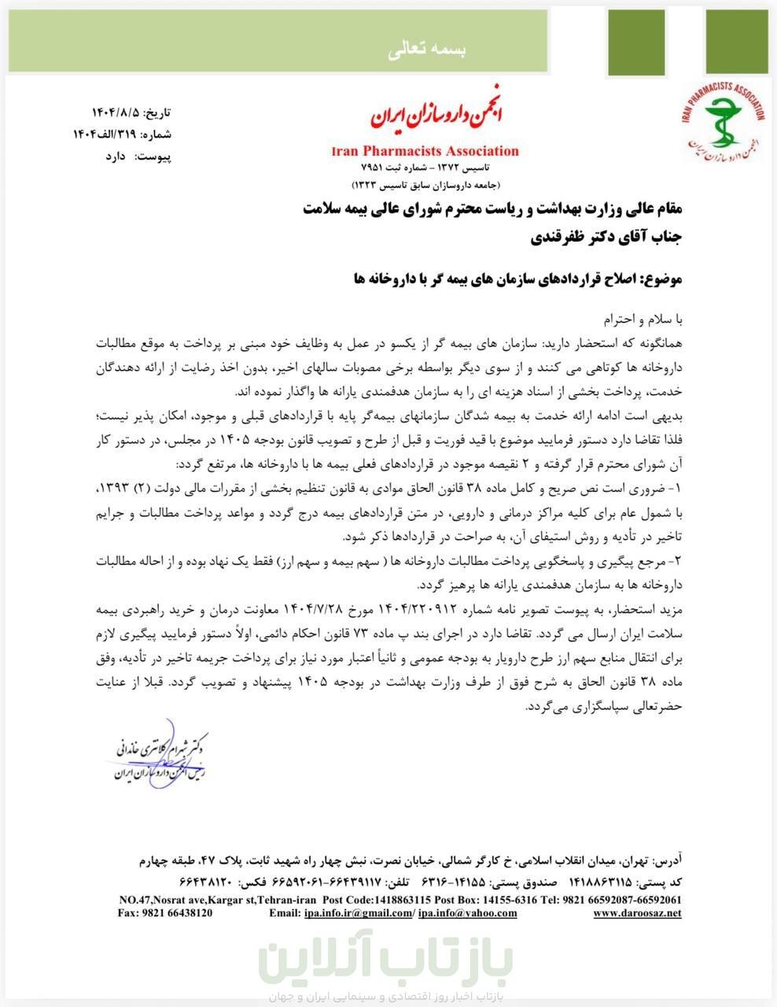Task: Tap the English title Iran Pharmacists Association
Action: click(x=425, y=151)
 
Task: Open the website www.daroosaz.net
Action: click(x=637, y=913)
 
